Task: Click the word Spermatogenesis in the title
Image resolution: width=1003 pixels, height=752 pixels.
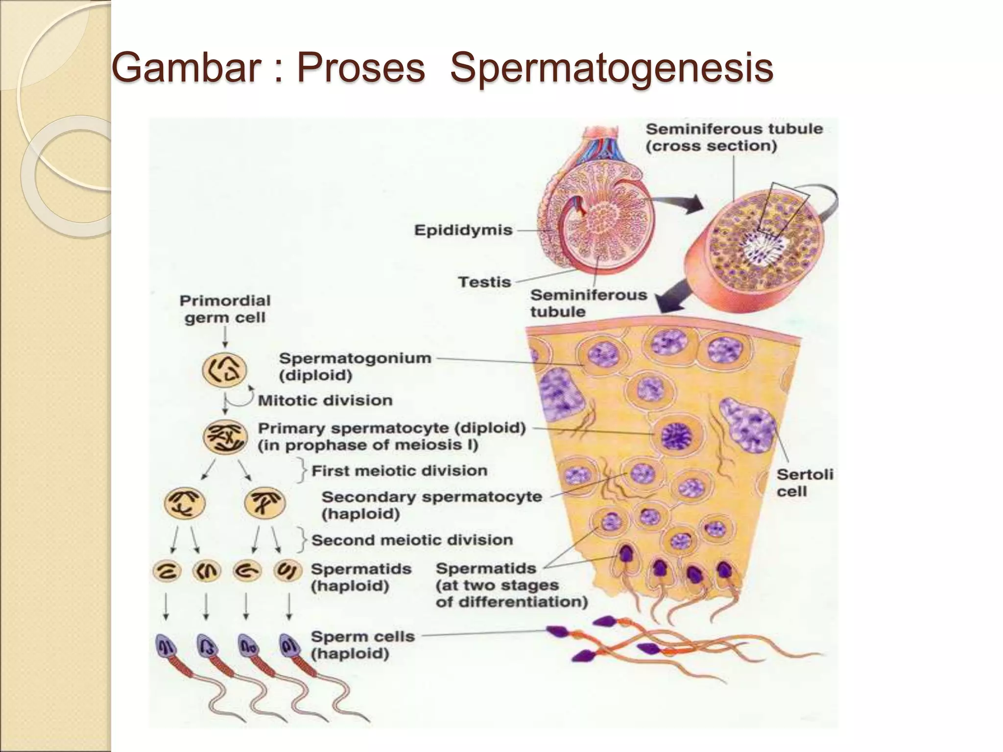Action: (611, 69)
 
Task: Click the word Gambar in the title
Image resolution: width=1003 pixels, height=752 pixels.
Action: (186, 69)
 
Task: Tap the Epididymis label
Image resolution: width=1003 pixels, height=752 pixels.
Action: (463, 230)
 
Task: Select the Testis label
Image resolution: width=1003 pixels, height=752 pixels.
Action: (484, 282)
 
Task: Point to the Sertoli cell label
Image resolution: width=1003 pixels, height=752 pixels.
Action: (804, 483)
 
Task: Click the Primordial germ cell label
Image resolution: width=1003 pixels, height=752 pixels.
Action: (225, 309)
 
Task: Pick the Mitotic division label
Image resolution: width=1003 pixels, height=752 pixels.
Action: (325, 400)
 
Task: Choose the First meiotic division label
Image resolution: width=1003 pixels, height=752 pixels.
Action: (399, 471)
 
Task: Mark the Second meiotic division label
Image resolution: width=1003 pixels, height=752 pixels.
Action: (412, 540)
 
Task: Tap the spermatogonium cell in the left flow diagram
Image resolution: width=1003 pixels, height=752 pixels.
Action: (224, 370)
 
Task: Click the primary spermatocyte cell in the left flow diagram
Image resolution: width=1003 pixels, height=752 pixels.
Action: (225, 437)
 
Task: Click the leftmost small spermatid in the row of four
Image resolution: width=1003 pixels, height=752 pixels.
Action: (167, 571)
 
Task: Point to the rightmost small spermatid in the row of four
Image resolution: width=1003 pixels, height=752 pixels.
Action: (288, 571)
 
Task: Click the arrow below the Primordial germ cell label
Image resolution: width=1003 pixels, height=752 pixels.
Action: (225, 338)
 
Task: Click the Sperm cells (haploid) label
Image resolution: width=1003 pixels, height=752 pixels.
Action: (362, 645)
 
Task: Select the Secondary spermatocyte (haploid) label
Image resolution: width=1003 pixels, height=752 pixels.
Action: (431, 505)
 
